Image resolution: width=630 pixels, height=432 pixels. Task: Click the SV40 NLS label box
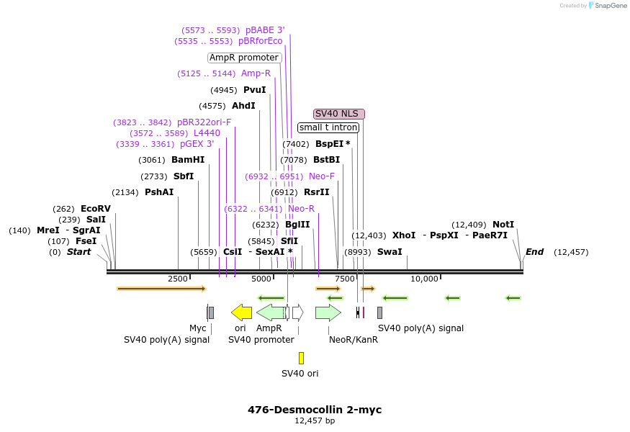[x=339, y=114]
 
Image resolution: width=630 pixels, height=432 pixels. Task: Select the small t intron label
[x=328, y=127]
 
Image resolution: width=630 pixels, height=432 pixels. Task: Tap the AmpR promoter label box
[x=244, y=58]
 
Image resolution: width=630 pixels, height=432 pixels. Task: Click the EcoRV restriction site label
[x=96, y=209]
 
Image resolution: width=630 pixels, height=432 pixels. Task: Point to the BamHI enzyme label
[x=188, y=160]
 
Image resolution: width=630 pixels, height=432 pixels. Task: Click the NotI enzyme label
[x=503, y=225]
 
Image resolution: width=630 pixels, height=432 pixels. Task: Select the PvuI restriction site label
[x=255, y=90]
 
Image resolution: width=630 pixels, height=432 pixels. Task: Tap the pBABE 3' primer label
[x=265, y=30]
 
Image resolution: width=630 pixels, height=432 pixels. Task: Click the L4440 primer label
[x=207, y=133]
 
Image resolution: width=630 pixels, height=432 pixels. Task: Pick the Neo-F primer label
[x=322, y=176]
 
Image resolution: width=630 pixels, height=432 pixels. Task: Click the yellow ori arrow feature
[x=241, y=312]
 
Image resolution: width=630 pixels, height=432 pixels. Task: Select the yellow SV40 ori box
[x=301, y=358]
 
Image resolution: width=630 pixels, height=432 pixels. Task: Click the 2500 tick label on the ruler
[x=178, y=279]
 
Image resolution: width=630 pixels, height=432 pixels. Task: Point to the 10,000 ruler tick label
[x=424, y=279]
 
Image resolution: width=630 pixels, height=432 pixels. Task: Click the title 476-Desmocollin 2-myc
[x=315, y=410]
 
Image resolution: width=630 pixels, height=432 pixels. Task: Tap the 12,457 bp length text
[x=315, y=421]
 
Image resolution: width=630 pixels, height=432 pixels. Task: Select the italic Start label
[x=79, y=252]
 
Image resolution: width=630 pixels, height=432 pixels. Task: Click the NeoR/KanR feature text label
[x=353, y=339]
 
